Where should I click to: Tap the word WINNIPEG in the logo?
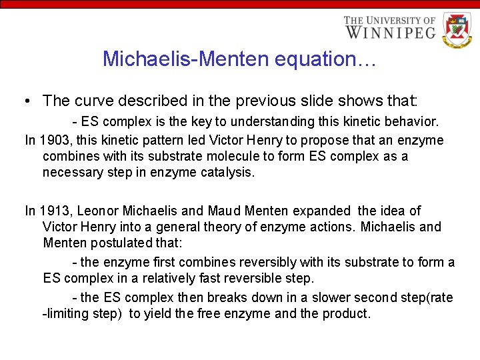390,32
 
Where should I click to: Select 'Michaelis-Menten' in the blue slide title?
179,59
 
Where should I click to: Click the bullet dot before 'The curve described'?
25,101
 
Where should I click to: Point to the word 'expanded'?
321,211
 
